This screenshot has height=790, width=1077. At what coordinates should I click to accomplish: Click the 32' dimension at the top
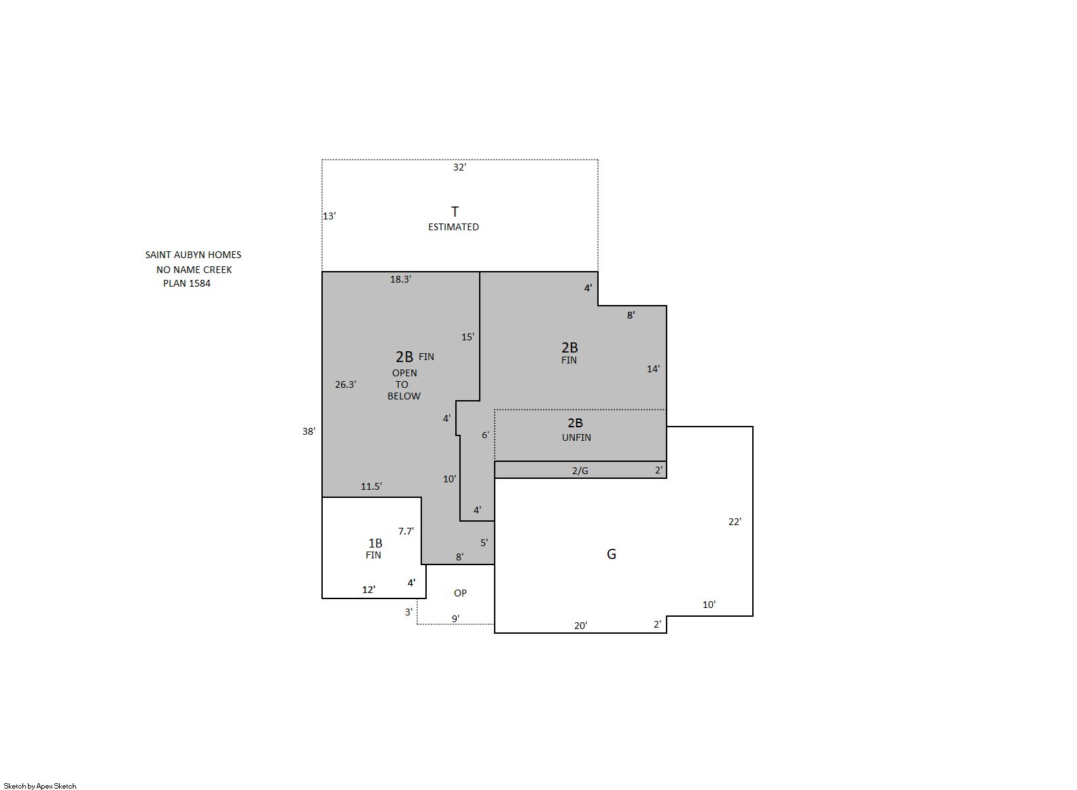pos(459,167)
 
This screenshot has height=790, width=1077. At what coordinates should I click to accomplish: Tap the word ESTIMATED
pos(453,227)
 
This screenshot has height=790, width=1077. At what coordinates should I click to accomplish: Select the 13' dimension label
pos(330,216)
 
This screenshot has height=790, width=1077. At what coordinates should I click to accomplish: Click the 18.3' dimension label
pos(400,279)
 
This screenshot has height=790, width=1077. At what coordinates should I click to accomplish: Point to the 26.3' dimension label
pos(346,384)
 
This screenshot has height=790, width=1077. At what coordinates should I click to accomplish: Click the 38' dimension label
pos(308,431)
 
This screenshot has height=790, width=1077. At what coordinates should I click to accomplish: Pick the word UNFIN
pos(576,437)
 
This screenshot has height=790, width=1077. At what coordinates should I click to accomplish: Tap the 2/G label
pos(580,471)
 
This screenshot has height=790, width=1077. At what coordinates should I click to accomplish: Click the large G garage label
pos(612,554)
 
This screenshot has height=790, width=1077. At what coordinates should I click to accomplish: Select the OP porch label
pos(460,593)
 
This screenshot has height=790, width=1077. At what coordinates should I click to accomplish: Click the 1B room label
pos(376,543)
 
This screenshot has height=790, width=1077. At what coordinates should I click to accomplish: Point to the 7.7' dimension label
pos(406,531)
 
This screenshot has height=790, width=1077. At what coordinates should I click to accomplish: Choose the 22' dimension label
pos(735,522)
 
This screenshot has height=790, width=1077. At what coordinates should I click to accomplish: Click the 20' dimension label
pos(581,626)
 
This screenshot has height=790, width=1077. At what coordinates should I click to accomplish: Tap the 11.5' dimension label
pos(372,486)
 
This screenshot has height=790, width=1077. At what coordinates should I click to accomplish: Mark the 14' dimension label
pos(654,369)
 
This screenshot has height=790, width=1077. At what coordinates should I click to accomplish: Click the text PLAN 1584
pos(187,283)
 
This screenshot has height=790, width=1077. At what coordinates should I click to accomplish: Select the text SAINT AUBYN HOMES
pos(193,255)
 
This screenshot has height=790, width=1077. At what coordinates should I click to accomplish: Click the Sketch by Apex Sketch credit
pos(40,786)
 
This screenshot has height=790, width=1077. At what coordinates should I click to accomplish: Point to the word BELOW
pos(404,396)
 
